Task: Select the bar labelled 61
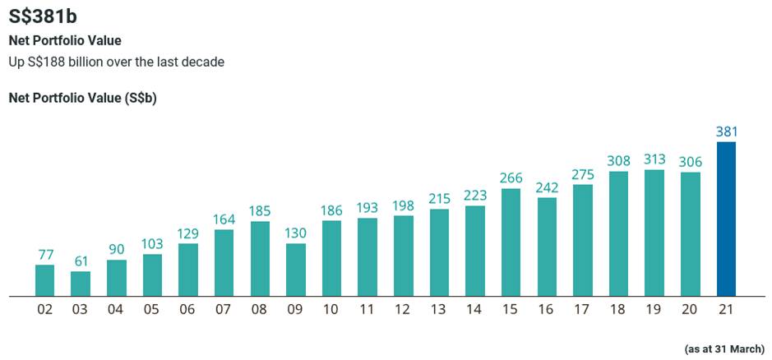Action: click(x=81, y=284)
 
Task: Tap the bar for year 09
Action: click(x=296, y=270)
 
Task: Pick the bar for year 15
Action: click(x=511, y=242)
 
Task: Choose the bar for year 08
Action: click(x=260, y=258)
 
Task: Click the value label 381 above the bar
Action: click(x=726, y=132)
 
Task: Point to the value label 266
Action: click(x=511, y=178)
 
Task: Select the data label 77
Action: click(x=45, y=254)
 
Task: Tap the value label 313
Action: click(x=654, y=159)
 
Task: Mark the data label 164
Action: click(x=224, y=219)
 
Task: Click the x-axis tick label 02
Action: click(x=45, y=310)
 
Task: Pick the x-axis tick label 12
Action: click(x=403, y=310)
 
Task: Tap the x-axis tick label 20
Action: click(x=690, y=310)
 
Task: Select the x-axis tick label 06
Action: click(x=188, y=310)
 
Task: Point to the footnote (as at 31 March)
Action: click(x=723, y=349)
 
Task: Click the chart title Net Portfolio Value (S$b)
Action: click(x=82, y=98)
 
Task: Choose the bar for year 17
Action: click(x=583, y=240)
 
